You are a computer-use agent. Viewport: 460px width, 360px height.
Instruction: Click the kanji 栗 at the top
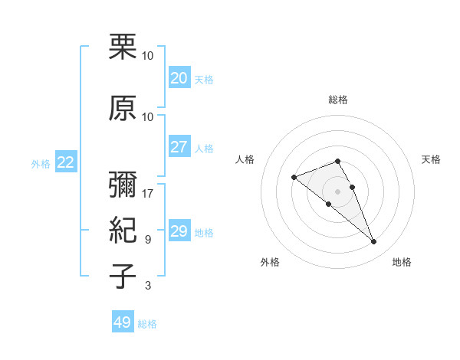pyautogui.click(x=123, y=47)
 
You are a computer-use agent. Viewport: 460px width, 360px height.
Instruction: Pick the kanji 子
pyautogui.click(x=123, y=276)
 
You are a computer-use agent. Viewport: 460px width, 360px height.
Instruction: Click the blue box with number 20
pyautogui.click(x=179, y=78)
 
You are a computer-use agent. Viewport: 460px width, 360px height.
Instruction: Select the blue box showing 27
pyautogui.click(x=179, y=147)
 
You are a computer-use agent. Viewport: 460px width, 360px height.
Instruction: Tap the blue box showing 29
pyautogui.click(x=179, y=231)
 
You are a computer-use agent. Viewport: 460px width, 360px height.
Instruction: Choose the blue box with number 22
pyautogui.click(x=66, y=162)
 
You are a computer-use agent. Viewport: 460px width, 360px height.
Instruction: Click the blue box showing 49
pyautogui.click(x=123, y=322)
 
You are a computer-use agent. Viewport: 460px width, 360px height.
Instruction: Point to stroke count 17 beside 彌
pyautogui.click(x=148, y=194)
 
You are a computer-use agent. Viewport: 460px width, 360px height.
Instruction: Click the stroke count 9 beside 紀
pyautogui.click(x=148, y=240)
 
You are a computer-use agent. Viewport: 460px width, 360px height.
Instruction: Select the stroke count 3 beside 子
pyautogui.click(x=148, y=286)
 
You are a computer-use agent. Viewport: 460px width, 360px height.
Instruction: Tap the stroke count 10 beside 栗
pyautogui.click(x=148, y=56)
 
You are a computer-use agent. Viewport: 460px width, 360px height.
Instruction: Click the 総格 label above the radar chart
pyautogui.click(x=338, y=100)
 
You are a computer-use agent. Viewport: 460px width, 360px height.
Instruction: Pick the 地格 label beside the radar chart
pyautogui.click(x=402, y=262)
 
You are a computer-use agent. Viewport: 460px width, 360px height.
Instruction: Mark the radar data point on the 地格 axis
pyautogui.click(x=373, y=242)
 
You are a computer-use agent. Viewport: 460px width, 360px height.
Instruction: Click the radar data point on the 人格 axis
pyautogui.click(x=294, y=178)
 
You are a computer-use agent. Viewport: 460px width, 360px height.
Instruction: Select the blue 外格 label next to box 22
pyautogui.click(x=41, y=163)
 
